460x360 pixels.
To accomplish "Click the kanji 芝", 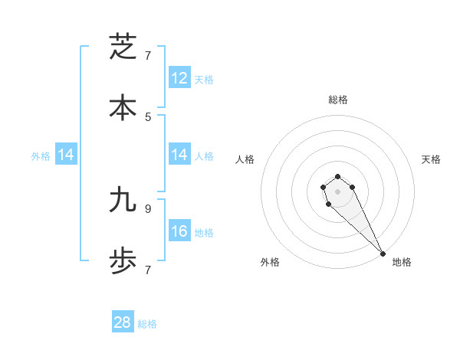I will (x=123, y=47).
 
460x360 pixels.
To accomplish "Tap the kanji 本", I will (x=123, y=107).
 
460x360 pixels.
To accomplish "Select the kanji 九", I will (x=123, y=200).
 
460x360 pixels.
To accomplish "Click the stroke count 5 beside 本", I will (x=148, y=117).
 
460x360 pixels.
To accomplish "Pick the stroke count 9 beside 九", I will (x=148, y=208).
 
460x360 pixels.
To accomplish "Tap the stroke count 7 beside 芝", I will (x=148, y=56).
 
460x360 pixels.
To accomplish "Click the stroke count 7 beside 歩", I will (x=148, y=270).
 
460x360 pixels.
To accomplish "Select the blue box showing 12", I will (x=179, y=78).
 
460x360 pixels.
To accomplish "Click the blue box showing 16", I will (x=179, y=231).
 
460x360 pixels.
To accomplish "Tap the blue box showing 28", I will (x=123, y=322).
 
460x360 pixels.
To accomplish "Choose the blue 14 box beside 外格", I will (x=66, y=155).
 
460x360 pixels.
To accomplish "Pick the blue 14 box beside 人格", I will (x=179, y=155).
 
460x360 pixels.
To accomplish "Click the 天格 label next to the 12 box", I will (x=204, y=79).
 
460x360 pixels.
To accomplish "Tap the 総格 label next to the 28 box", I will (x=147, y=324).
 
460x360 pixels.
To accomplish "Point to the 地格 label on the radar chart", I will (x=402, y=262).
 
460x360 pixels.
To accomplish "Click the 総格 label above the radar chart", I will (x=338, y=100).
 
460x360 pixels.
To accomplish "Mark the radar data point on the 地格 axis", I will (x=383, y=253).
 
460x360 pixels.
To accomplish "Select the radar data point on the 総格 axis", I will (x=337, y=176).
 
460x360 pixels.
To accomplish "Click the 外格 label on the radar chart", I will (x=270, y=262).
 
